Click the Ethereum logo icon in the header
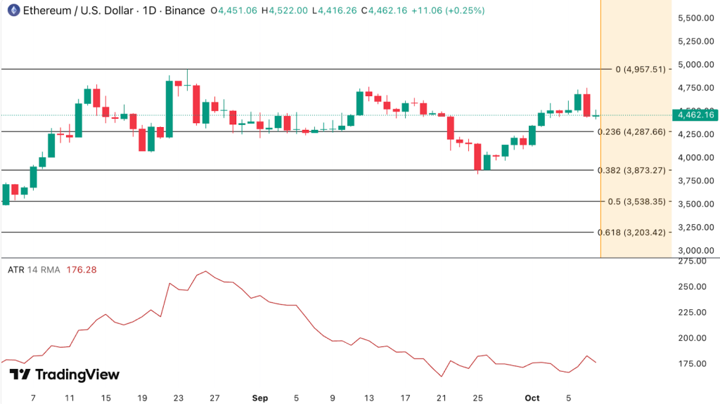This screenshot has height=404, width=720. (11, 11)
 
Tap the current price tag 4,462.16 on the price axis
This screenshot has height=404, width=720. (694, 115)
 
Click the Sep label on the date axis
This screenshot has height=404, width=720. (260, 398)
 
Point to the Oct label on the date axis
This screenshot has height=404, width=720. (532, 398)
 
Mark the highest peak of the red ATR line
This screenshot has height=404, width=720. (205, 271)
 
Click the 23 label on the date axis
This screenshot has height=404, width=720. (179, 398)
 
